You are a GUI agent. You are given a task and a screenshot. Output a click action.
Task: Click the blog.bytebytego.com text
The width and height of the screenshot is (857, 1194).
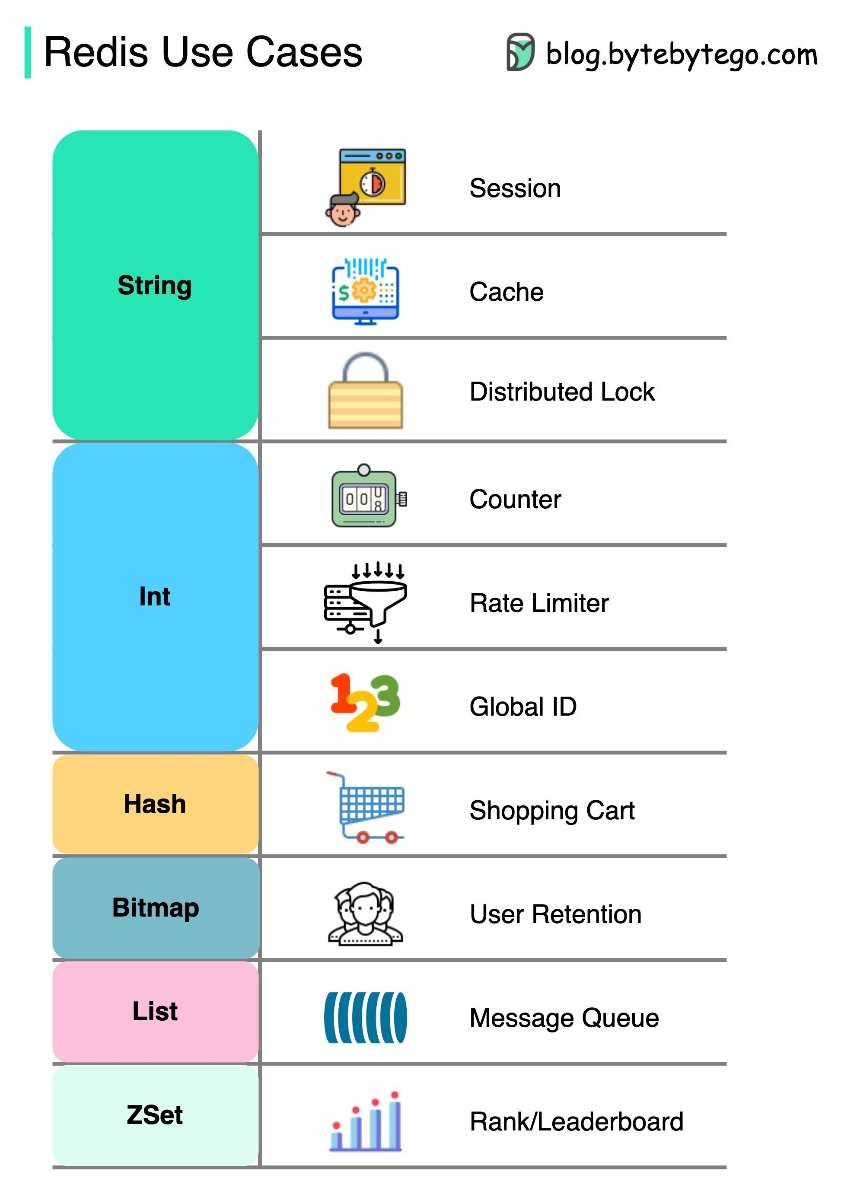[x=681, y=54]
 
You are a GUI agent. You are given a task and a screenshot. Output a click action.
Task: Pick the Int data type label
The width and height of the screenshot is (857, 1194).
[x=154, y=596]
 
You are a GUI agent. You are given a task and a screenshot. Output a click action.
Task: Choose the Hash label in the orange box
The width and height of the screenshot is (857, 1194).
[x=155, y=804]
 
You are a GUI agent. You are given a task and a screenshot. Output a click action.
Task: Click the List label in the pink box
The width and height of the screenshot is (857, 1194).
[x=155, y=1011]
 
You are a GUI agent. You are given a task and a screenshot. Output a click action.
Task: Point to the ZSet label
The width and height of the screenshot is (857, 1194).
[x=154, y=1115]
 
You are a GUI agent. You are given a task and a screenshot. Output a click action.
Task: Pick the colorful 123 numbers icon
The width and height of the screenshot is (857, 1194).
[x=365, y=702]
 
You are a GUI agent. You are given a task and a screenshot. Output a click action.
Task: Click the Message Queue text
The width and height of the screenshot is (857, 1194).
[x=564, y=1018]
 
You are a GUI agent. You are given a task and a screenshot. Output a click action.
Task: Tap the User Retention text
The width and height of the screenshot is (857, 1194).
[x=555, y=914]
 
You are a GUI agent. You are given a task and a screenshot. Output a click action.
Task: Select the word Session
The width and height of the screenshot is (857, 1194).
[x=515, y=188]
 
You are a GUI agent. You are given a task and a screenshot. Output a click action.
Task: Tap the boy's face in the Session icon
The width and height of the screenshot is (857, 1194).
[x=342, y=212]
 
